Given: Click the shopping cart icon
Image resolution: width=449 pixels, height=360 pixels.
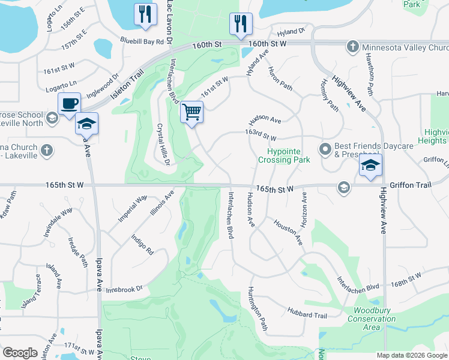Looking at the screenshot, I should (x=192, y=112).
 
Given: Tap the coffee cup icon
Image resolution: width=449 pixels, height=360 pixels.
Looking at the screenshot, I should (x=69, y=103).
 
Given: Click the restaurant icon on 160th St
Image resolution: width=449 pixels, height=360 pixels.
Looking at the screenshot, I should (x=240, y=24).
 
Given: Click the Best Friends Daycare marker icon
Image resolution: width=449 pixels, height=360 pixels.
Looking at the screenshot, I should (x=326, y=148).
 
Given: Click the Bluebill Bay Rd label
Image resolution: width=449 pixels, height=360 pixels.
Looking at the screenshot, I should (x=142, y=41).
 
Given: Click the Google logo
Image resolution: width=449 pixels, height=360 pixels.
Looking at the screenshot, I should (x=20, y=353).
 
